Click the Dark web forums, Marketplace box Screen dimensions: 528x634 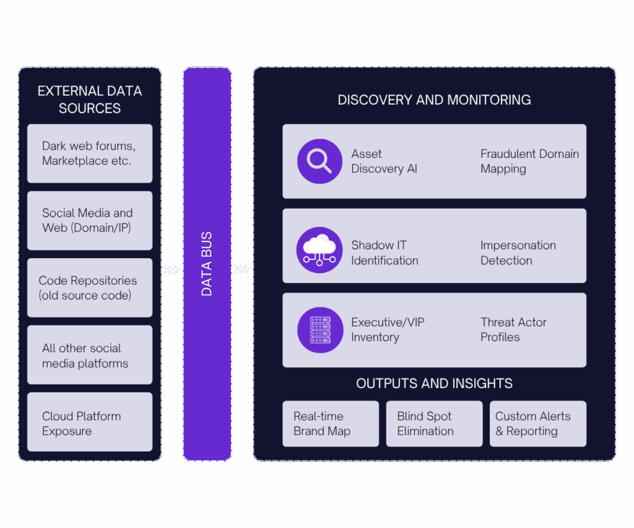click(x=90, y=154)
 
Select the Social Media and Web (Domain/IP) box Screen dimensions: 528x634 click(x=90, y=220)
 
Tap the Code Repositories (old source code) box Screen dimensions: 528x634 click(x=90, y=288)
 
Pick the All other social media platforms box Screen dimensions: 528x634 click(x=90, y=355)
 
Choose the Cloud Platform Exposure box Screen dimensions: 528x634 click(x=90, y=423)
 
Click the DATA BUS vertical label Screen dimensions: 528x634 click(x=207, y=264)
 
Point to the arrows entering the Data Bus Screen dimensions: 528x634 click(x=172, y=270)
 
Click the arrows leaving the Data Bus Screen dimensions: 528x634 click(x=242, y=269)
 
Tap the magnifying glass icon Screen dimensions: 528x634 click(x=319, y=161)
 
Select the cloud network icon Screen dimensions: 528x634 click(x=319, y=250)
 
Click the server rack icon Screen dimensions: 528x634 click(x=319, y=330)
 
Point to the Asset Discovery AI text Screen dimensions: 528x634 click(x=384, y=161)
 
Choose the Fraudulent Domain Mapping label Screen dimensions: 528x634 click(x=529, y=161)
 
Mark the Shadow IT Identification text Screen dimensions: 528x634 click(x=384, y=253)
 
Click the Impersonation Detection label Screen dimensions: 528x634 click(x=518, y=253)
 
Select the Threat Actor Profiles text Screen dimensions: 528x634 click(x=513, y=329)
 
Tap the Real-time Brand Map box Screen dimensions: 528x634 click(x=331, y=424)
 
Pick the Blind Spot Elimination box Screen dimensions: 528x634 click(x=434, y=424)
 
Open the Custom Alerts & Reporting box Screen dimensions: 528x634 click(x=537, y=424)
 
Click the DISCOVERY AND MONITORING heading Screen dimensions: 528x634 click(x=434, y=100)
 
